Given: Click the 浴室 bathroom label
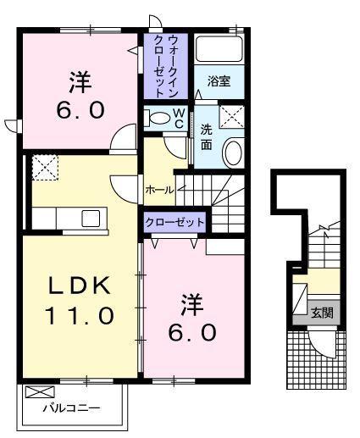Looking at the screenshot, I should click(219, 82).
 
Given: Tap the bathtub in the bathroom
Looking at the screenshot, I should click(219, 49).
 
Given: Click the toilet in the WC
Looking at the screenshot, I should click(157, 118).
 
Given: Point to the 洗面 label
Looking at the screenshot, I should click(206, 137).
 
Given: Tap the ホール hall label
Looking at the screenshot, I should click(159, 190).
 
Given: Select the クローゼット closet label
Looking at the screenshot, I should click(174, 221).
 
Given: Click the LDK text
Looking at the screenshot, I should click(78, 286).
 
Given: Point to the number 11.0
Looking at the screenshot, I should click(78, 316).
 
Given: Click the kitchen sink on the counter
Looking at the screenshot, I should click(91, 219).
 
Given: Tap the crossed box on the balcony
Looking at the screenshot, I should click(39, 392).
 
